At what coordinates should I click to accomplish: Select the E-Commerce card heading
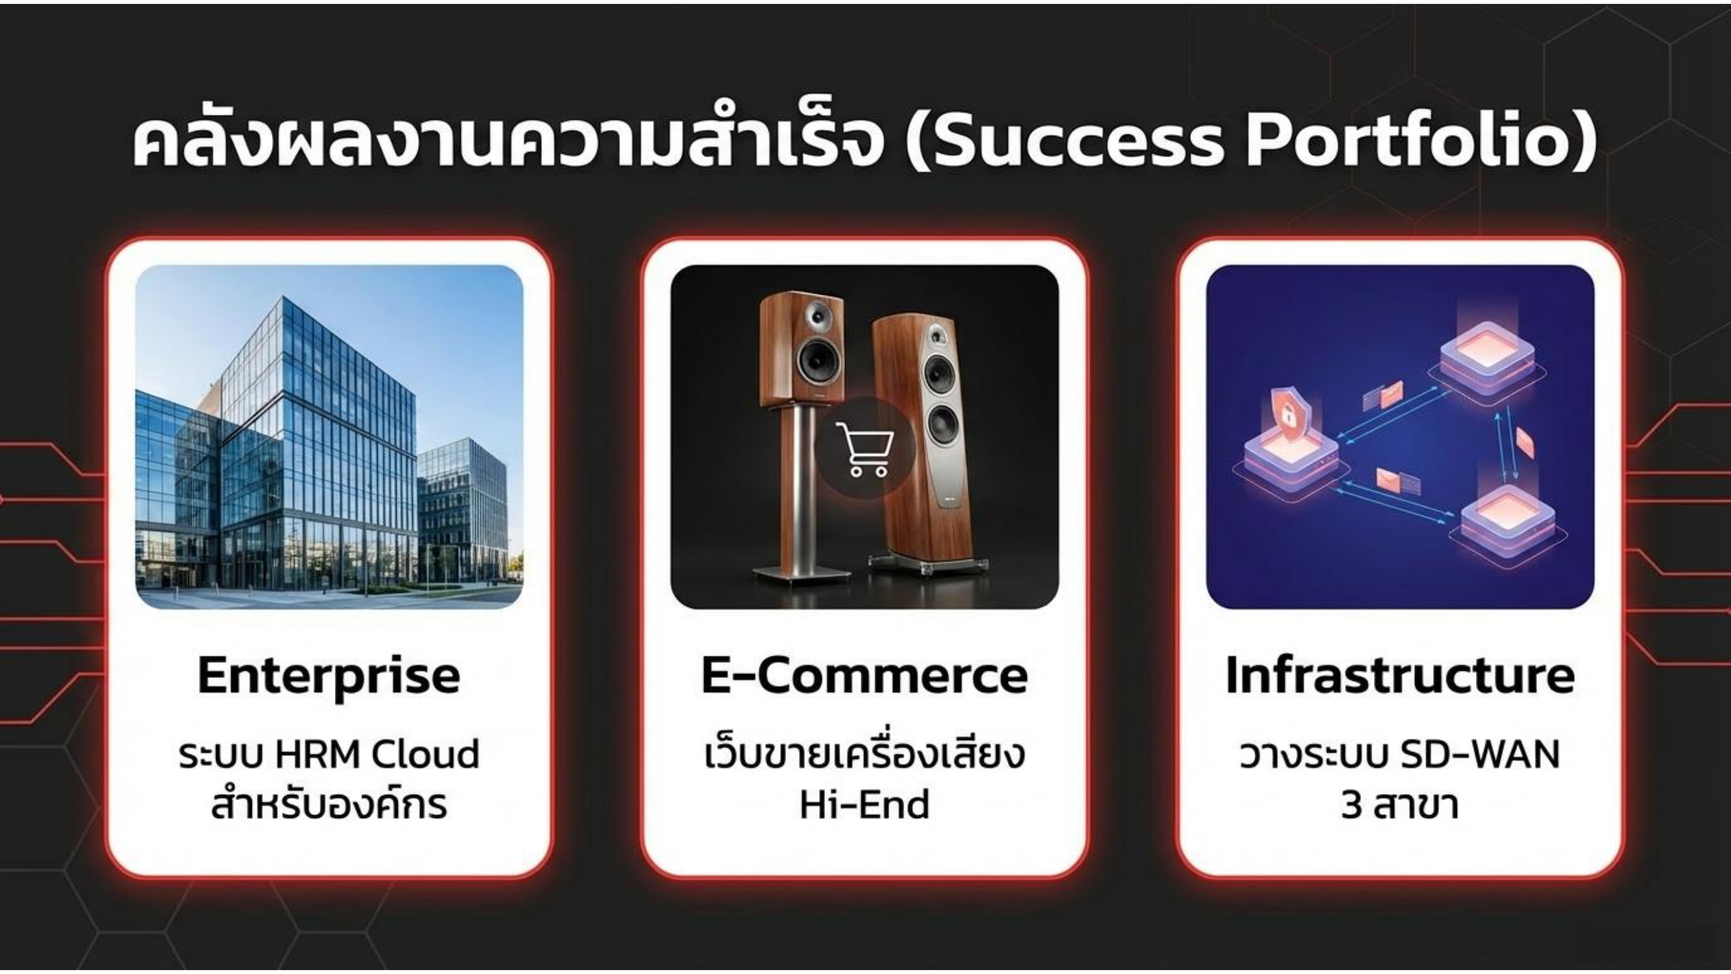pos(864,675)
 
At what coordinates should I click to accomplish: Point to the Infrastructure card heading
pos(1401,675)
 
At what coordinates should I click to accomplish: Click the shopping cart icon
pos(864,447)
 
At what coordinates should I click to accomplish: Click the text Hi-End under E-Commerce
pos(864,805)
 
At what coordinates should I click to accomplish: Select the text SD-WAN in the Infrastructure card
pos(1480,754)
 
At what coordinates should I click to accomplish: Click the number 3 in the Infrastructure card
pos(1351,805)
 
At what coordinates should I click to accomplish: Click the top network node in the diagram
pos(1488,360)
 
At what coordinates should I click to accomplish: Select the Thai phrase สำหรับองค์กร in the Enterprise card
pos(329,805)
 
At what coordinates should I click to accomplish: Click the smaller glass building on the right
pos(463,511)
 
